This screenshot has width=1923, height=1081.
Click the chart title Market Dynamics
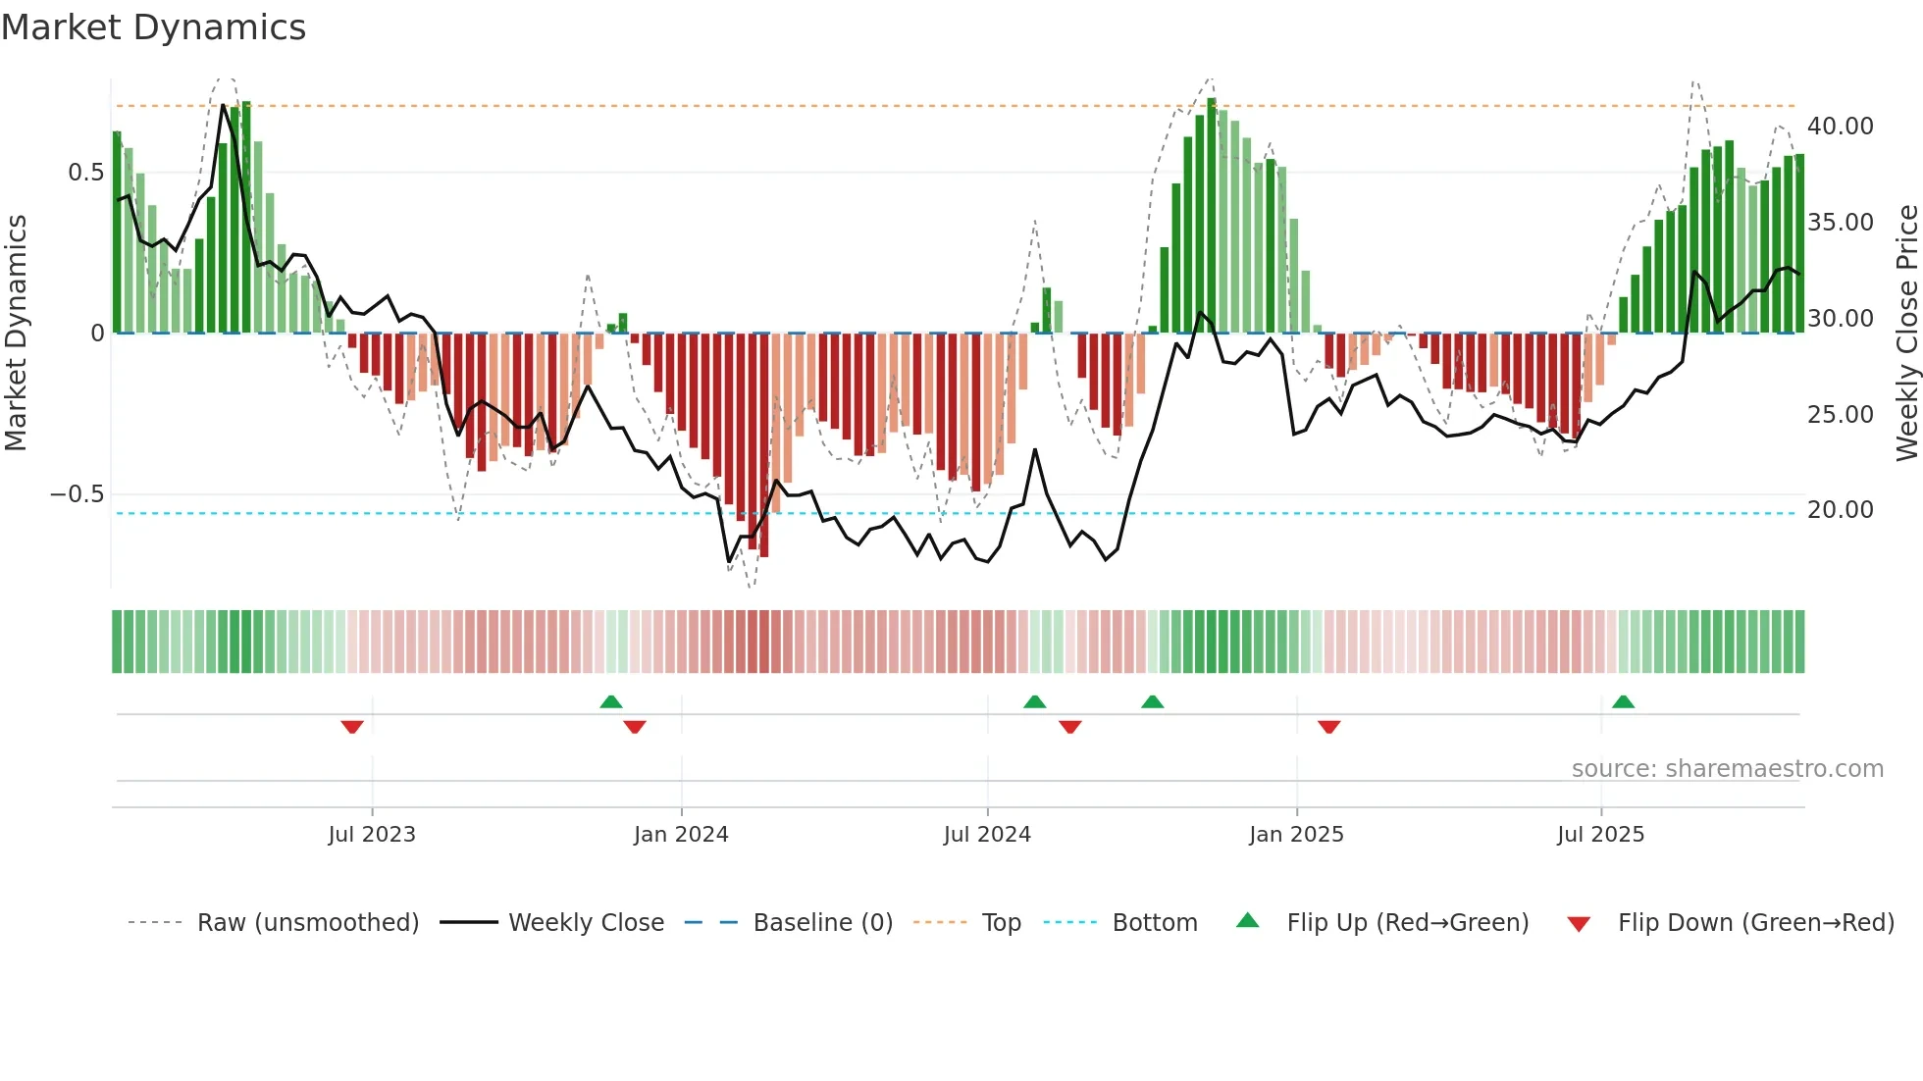pos(153,27)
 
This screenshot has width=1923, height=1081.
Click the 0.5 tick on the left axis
pos(85,173)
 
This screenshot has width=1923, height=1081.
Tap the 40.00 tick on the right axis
pos(1840,127)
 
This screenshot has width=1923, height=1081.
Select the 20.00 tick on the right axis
pos(1840,510)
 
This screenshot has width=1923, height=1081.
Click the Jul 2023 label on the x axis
pos(372,835)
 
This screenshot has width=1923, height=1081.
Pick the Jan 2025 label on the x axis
pos(1296,835)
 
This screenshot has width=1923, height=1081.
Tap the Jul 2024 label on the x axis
pos(987,835)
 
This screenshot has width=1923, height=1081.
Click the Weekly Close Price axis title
pos(1906,334)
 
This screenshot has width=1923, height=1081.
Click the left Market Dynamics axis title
pos(16,334)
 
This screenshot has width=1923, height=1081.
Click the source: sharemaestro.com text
pos(1727,769)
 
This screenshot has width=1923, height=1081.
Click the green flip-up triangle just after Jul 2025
pos(1623,701)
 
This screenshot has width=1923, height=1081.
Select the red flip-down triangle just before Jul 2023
pos(352,727)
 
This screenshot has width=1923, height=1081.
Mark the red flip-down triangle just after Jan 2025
pos(1328,727)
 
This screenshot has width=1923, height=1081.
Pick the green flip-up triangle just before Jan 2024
pos(610,701)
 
